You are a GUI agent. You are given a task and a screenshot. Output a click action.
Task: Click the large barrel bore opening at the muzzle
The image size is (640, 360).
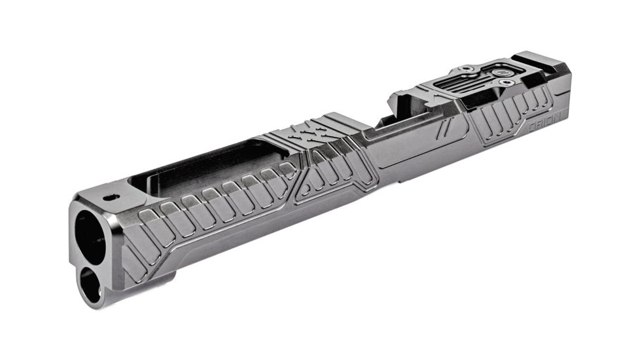pos(89,236)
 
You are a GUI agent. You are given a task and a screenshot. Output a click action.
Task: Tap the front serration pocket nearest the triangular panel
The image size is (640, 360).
pos(287,171)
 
